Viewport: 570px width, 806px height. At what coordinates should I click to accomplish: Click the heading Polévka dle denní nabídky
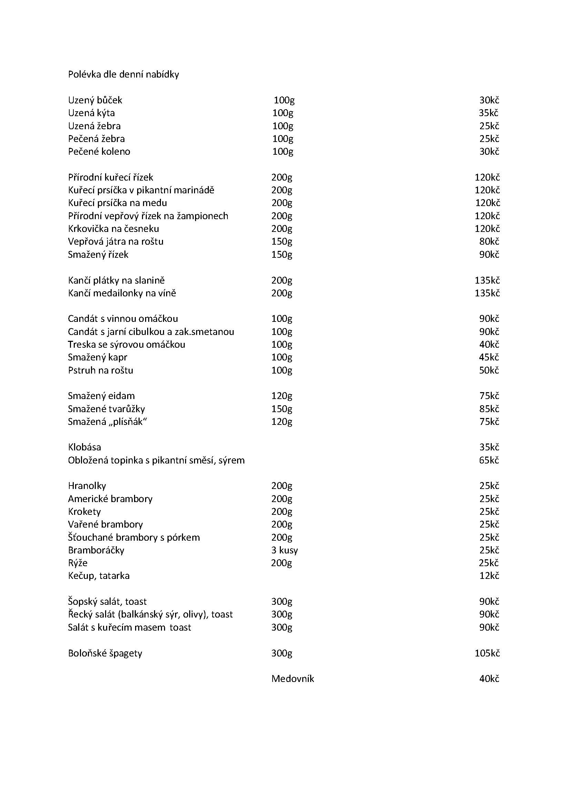(124, 74)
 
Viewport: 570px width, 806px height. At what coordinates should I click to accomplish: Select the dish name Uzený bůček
(95, 100)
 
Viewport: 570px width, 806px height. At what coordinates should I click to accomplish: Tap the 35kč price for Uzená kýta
(489, 113)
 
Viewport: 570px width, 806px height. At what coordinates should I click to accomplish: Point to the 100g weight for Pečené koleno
(283, 152)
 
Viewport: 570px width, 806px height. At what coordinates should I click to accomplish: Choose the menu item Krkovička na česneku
(113, 229)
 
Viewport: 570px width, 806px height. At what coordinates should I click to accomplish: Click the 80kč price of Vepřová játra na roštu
(489, 242)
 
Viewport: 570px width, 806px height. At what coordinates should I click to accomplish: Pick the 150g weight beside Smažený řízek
(282, 255)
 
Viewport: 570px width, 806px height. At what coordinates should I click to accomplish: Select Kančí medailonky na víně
(122, 293)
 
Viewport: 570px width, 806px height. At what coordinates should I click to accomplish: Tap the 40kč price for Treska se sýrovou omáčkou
(489, 344)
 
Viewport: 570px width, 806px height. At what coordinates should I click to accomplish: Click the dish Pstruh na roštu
(101, 370)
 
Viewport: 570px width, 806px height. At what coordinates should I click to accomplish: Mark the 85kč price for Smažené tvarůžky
(489, 409)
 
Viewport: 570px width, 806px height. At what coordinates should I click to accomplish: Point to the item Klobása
(84, 447)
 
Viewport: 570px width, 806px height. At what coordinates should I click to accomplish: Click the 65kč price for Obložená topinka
(489, 460)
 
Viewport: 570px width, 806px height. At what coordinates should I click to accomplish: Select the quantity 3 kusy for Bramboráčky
(285, 550)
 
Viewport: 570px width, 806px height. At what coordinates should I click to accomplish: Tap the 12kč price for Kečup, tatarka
(489, 576)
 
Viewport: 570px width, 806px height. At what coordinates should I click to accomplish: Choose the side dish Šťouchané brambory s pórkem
(134, 538)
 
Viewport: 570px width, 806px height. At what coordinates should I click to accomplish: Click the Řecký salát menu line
(151, 614)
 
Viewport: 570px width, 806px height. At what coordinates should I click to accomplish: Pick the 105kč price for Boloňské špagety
(487, 653)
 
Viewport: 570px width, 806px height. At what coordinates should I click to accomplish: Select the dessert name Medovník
(293, 679)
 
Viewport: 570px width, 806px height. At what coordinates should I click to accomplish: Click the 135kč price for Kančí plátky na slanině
(487, 280)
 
